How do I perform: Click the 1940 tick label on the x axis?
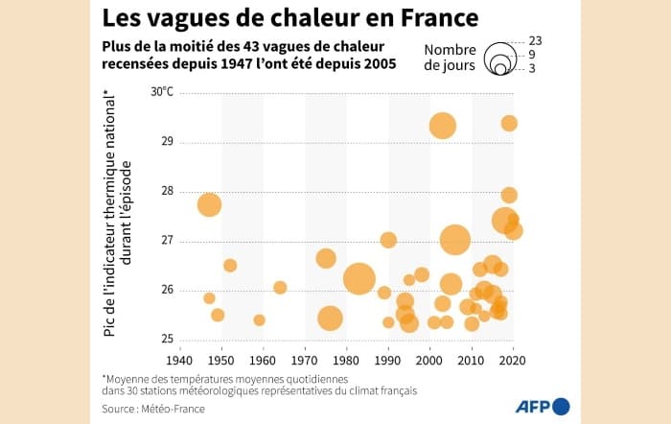click(x=179, y=360)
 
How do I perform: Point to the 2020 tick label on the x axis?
click(x=513, y=360)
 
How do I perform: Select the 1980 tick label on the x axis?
click(x=346, y=360)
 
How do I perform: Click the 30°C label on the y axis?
click(x=161, y=92)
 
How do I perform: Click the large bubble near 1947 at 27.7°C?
click(x=209, y=204)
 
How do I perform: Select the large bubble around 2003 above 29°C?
click(x=442, y=126)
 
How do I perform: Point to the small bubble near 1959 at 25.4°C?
click(x=259, y=319)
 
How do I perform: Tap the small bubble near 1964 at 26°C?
click(x=280, y=287)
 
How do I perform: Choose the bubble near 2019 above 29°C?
click(x=509, y=123)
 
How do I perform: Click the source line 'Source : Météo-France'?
click(x=154, y=409)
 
